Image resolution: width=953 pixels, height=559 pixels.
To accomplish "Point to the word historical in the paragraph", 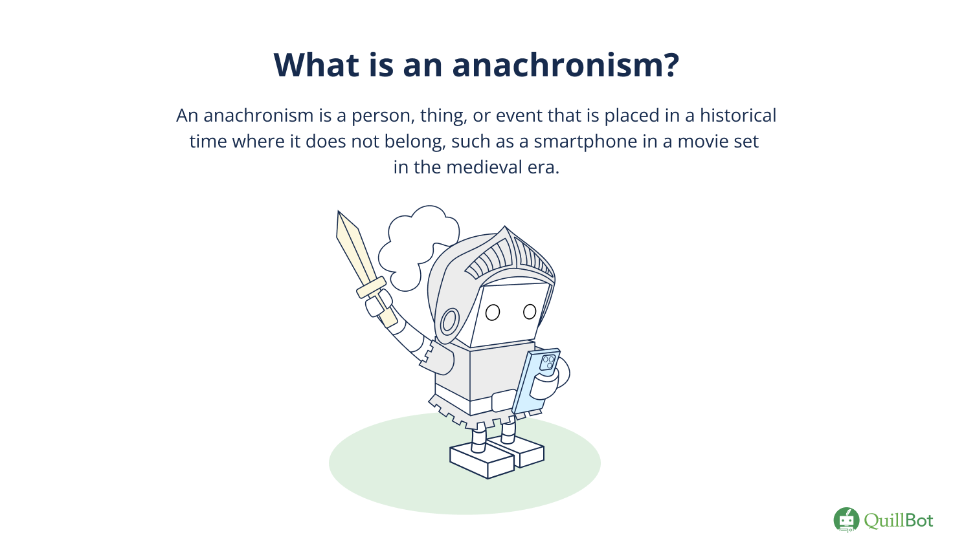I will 737,116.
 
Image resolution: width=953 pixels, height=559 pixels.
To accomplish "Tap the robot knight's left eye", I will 493,312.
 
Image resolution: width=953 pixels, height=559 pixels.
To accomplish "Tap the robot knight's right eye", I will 530,312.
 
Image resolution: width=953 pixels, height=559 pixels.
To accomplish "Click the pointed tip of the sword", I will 339,214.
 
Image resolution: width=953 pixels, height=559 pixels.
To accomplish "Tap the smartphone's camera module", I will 548,362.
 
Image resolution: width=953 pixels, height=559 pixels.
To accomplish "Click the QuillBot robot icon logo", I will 846,520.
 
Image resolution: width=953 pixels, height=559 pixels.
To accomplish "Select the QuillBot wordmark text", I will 899,520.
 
